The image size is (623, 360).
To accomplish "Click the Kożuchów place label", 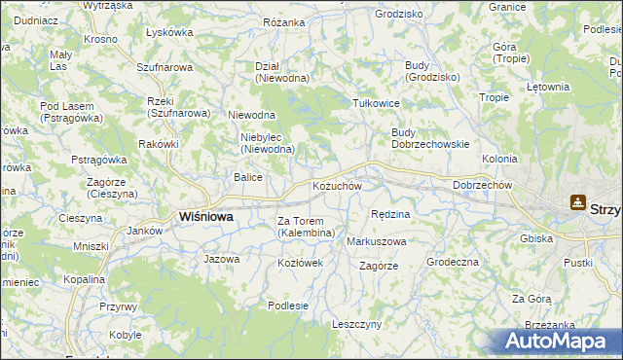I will pos(337,186).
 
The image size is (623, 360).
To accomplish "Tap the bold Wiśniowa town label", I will pos(205,217).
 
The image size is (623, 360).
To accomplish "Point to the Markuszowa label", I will pos(377,241).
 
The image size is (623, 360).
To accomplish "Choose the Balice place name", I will pos(247,177).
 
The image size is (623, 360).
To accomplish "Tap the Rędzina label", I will pos(391,213).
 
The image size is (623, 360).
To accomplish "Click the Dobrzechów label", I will pos(483,185).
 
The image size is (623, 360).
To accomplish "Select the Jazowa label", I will pos(221,260).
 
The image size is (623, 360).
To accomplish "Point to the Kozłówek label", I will pos(293,264).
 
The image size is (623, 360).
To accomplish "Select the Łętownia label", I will pos(547,87).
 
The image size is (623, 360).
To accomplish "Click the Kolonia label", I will pos(499,159).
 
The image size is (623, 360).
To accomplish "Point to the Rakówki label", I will pos(158,145).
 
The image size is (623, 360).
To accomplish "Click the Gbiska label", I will pos(564,238).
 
